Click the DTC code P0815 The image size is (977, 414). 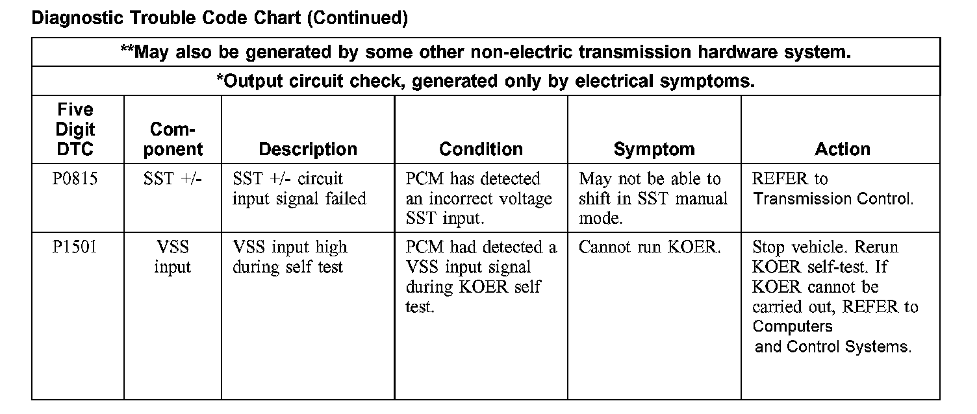tap(75, 179)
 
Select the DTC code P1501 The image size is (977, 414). tap(75, 247)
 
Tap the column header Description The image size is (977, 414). tap(308, 149)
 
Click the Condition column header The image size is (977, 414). tap(481, 149)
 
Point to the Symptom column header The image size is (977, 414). tap(654, 149)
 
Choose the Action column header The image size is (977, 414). tap(843, 149)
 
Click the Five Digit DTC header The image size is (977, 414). tap(75, 129)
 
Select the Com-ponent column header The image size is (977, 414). tap(172, 140)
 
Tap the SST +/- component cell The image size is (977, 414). tap(172, 179)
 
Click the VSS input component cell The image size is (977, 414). tap(172, 257)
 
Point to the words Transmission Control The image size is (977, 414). tap(833, 199)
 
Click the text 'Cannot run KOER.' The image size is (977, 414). tap(650, 247)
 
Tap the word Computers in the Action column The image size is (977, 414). tap(793, 326)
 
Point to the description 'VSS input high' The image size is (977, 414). tap(290, 247)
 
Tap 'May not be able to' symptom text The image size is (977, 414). tap(650, 179)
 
